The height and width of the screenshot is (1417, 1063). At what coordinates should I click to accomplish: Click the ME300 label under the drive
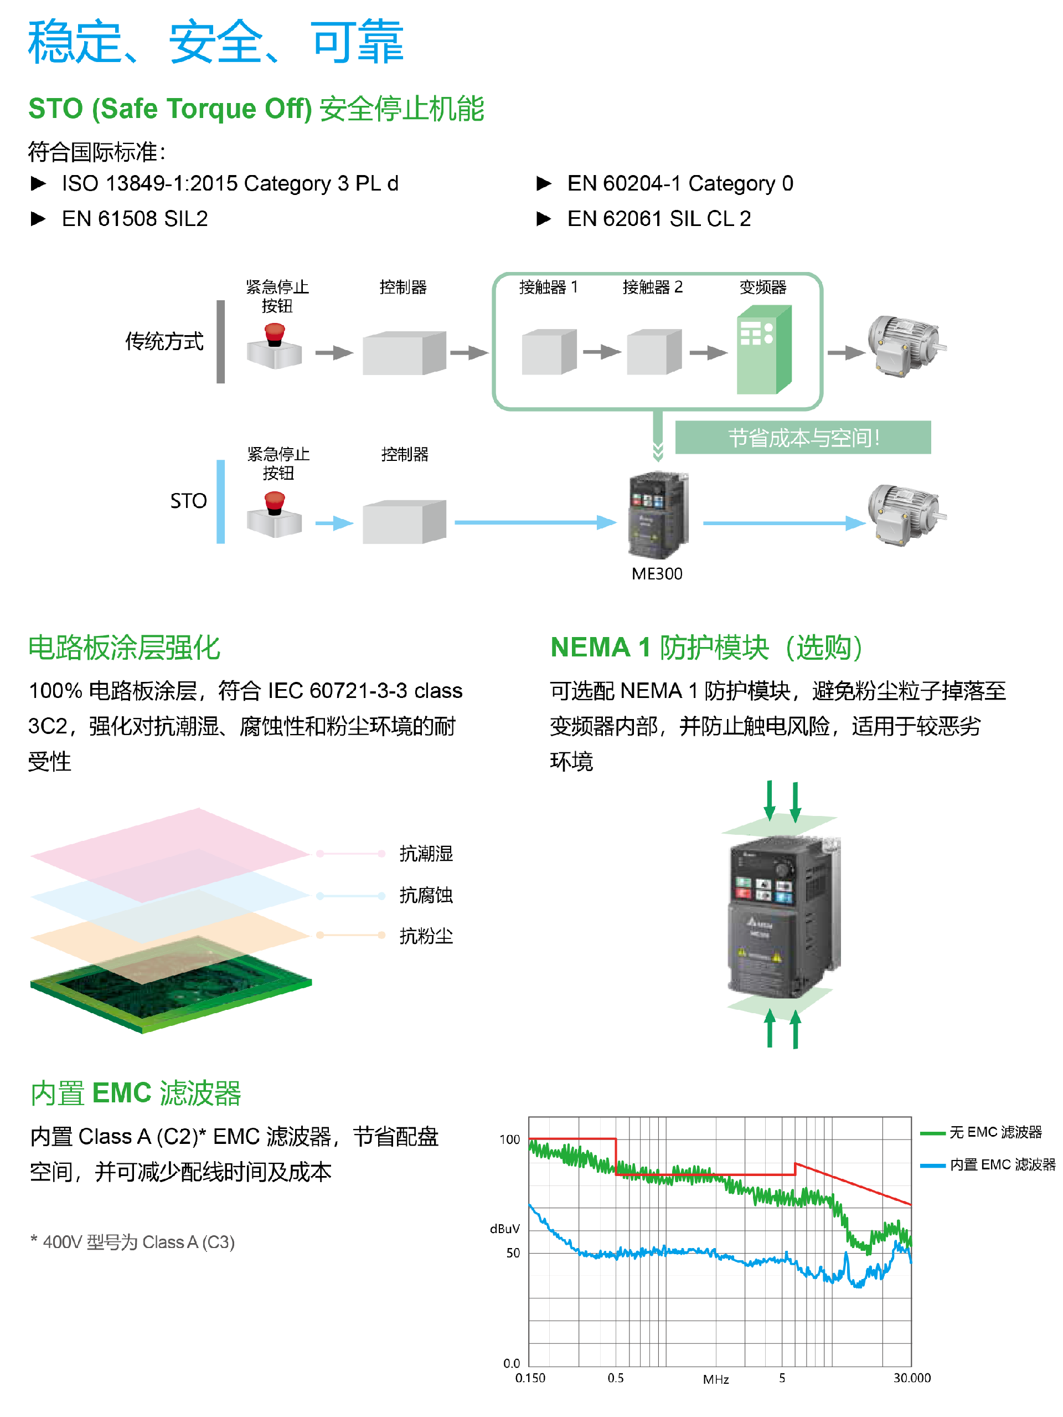tap(657, 573)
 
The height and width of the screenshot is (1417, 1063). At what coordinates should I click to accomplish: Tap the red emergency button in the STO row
tap(275, 502)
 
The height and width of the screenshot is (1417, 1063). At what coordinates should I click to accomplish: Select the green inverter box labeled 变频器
tap(764, 351)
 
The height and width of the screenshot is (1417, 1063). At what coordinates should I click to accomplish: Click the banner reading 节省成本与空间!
tap(802, 438)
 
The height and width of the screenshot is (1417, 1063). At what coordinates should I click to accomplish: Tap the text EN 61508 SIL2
tap(135, 219)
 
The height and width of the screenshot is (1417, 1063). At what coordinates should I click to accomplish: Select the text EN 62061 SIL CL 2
tap(658, 219)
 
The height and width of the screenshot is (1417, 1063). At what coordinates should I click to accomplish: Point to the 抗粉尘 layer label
tap(426, 936)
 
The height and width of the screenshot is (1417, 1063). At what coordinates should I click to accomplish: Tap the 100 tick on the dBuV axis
tap(509, 1139)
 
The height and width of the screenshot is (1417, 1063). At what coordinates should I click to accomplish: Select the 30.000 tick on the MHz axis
tap(912, 1378)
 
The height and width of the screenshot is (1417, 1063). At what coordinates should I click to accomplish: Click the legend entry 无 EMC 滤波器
tap(995, 1133)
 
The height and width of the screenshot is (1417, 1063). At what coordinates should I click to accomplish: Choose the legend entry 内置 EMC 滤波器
tap(1002, 1164)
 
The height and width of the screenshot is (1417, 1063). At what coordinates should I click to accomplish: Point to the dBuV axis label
tap(504, 1229)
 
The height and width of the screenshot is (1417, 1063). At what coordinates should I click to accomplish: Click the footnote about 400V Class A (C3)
tap(133, 1242)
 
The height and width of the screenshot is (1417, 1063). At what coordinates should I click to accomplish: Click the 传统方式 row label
tap(164, 341)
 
